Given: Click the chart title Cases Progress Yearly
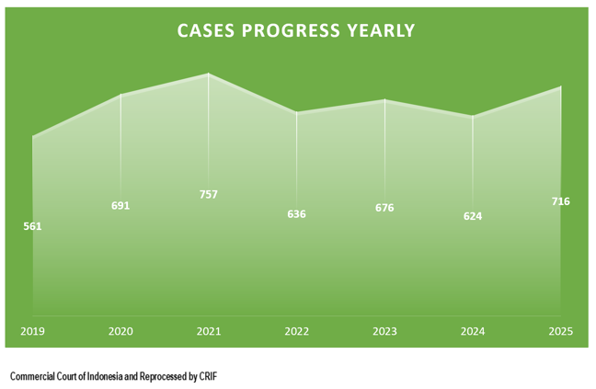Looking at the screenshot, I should [x=296, y=30].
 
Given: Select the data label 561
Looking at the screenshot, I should [x=33, y=226].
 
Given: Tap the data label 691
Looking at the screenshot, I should [x=120, y=206].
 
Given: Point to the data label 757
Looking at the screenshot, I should [x=209, y=195].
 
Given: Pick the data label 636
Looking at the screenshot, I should [x=296, y=214].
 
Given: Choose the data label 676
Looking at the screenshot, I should [x=384, y=208].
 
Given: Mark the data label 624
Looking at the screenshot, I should [x=473, y=217].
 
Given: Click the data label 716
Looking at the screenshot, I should [x=560, y=201].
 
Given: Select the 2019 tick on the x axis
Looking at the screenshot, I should [x=33, y=331].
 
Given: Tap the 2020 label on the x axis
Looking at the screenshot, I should [x=120, y=331].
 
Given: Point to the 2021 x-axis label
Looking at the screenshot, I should [x=209, y=331].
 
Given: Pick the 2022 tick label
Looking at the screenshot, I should [x=296, y=331].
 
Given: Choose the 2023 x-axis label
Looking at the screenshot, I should [x=384, y=331].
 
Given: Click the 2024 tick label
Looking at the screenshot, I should [x=473, y=331].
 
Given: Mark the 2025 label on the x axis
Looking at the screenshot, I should [x=560, y=331].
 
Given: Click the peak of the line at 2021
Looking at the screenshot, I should [x=209, y=74].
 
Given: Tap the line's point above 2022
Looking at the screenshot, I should [x=296, y=113].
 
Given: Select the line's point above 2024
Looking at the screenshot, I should [x=473, y=117].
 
